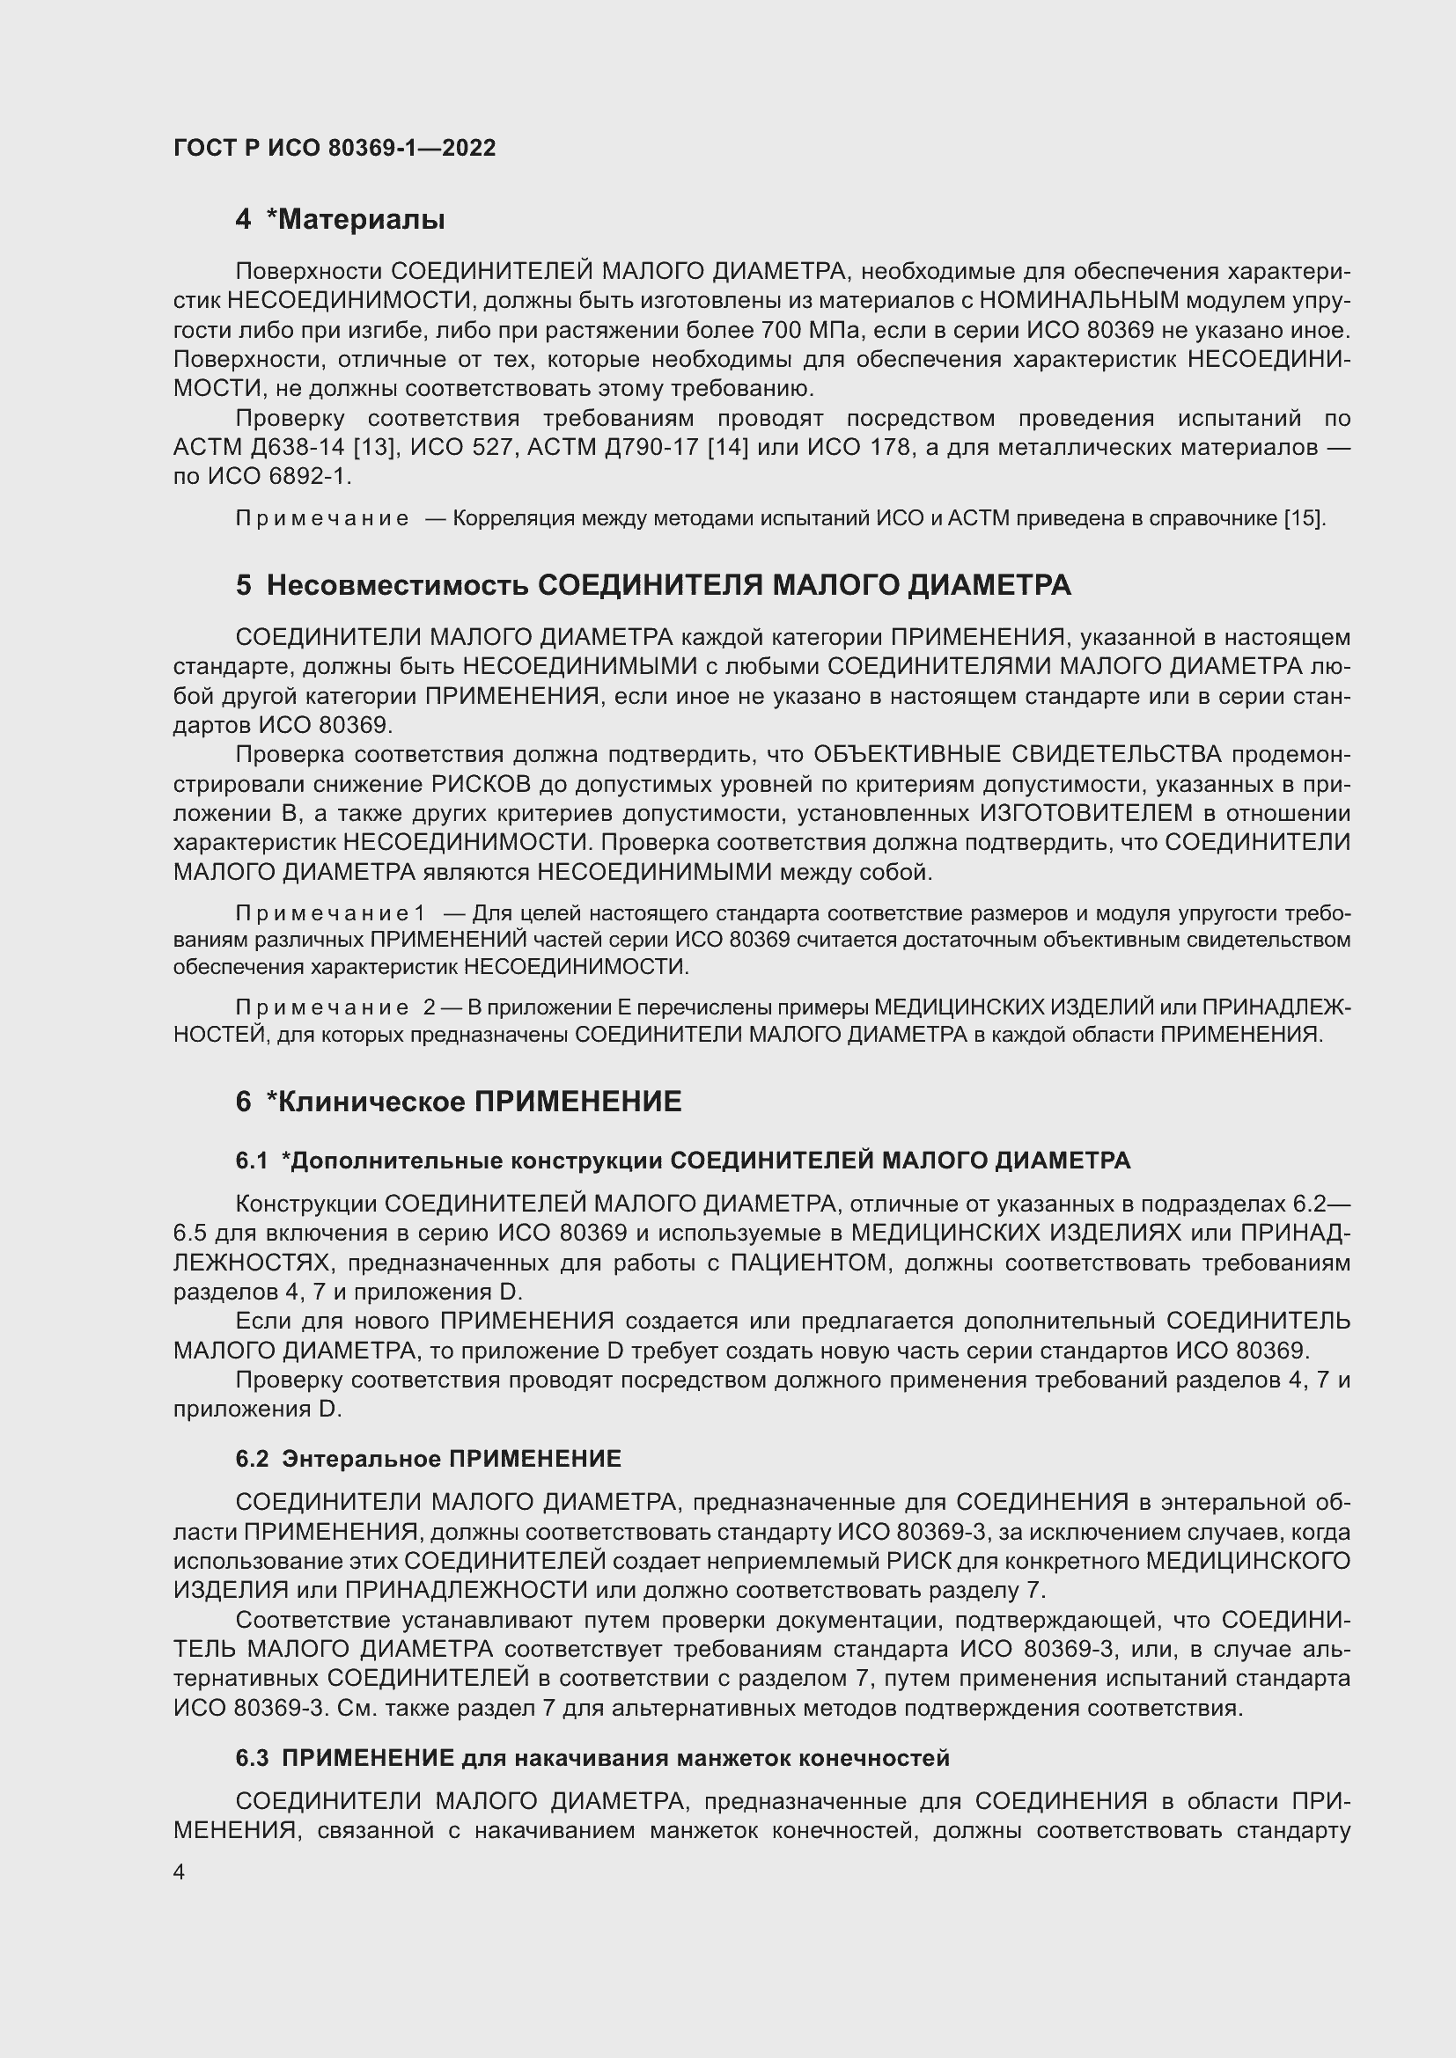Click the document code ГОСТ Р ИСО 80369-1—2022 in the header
click(x=334, y=148)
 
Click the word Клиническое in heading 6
click(x=370, y=1102)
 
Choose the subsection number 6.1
click(x=251, y=1161)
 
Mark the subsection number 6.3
click(x=251, y=1759)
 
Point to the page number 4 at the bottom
click(x=179, y=1872)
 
